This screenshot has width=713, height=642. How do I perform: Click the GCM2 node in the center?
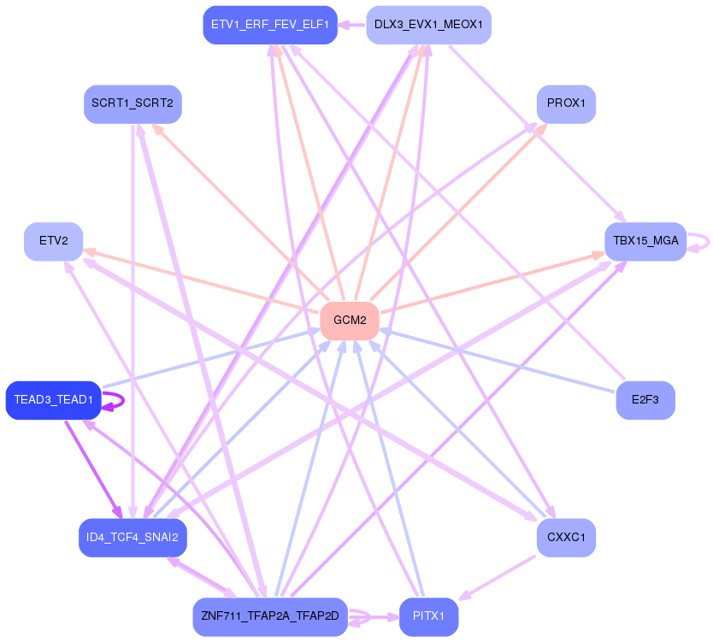coord(349,321)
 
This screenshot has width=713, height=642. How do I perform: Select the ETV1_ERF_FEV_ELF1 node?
coord(270,24)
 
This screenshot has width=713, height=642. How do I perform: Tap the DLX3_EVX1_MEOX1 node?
coord(428,24)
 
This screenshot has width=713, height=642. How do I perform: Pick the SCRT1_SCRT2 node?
coord(133,103)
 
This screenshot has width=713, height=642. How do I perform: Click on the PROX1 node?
coord(566,103)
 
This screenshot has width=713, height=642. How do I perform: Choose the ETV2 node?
coord(53,241)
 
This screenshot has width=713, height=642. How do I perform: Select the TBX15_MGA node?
coord(645,241)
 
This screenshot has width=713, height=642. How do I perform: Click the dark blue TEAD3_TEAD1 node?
coord(53,400)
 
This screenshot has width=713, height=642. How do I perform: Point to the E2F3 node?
coord(645,400)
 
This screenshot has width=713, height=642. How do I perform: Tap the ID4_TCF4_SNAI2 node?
coord(133,538)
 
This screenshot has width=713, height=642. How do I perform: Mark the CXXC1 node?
coord(566,538)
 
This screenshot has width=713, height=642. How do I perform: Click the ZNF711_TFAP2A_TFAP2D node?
coord(270,616)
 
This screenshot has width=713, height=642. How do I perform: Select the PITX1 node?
coord(428,616)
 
